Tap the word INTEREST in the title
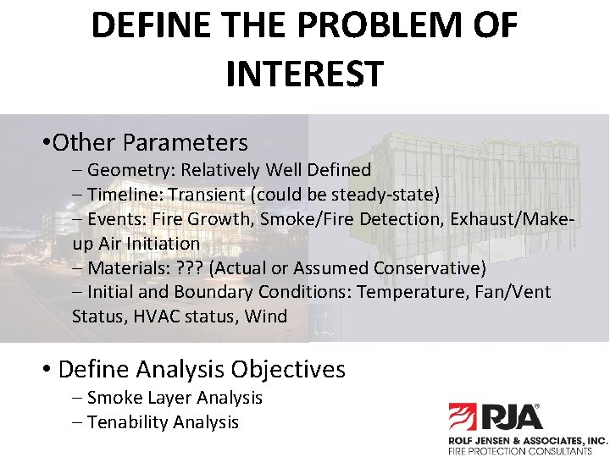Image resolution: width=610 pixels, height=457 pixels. [305, 74]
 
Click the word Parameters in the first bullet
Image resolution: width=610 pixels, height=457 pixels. [185, 141]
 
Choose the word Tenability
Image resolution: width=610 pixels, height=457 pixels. [127, 421]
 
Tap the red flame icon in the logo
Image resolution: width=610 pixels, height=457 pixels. [463, 417]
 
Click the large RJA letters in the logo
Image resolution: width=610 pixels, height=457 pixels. [512, 417]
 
